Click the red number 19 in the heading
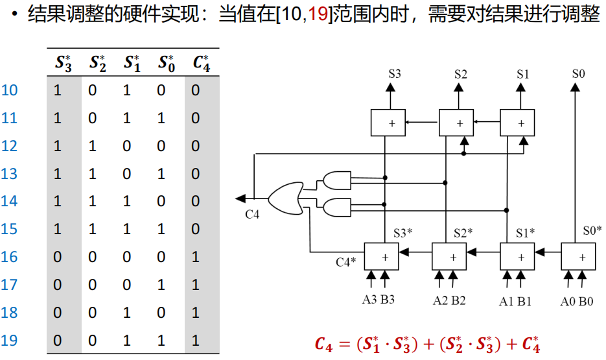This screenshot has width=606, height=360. tap(317, 15)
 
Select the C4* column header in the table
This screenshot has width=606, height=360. tap(201, 63)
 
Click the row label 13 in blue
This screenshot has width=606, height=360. tap(10, 174)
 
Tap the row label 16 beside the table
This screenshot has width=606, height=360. tap(10, 257)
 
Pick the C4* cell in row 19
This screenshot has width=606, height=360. tap(196, 341)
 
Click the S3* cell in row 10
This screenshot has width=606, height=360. tap(57, 90)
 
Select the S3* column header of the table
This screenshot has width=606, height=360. tap(64, 63)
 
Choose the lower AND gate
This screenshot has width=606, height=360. tap(335, 208)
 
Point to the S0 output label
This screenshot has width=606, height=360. tap(578, 74)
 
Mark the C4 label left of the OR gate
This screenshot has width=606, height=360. tap(252, 215)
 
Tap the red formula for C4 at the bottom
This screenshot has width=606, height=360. tap(427, 343)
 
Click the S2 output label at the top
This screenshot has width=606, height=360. tap(460, 74)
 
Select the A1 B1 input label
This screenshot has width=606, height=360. tap(515, 301)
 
